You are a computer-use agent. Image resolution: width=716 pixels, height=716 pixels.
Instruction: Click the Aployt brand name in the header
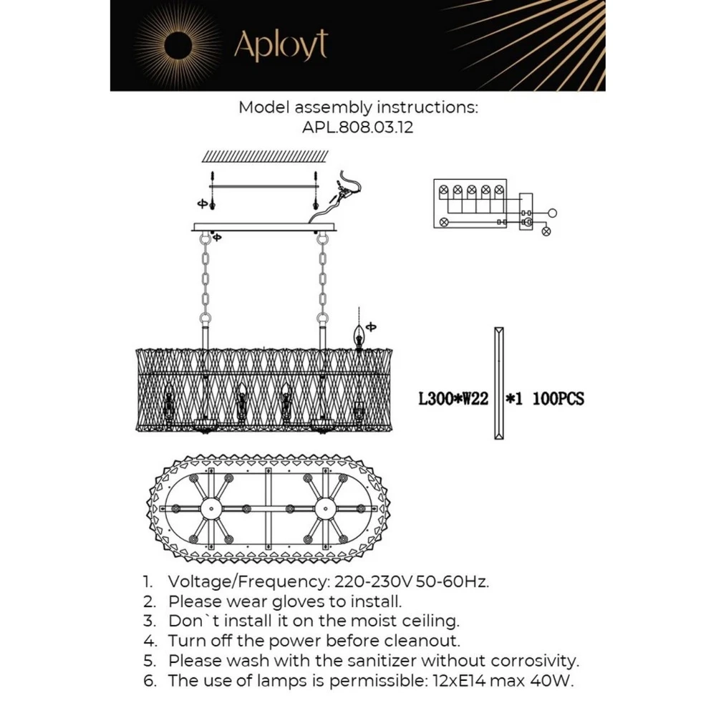pos(281,45)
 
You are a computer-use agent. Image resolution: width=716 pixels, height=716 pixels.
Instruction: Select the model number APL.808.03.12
pos(358,127)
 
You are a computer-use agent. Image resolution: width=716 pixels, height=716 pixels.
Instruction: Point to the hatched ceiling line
pos(265,155)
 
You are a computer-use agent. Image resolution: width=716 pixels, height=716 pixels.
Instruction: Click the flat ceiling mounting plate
pos(264,228)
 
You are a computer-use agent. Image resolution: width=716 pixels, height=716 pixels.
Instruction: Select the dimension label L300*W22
pos(453,399)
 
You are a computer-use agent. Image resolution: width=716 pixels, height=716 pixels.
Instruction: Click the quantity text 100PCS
pos(558,399)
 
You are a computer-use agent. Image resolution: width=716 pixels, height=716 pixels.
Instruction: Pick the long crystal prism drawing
pos(498,382)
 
